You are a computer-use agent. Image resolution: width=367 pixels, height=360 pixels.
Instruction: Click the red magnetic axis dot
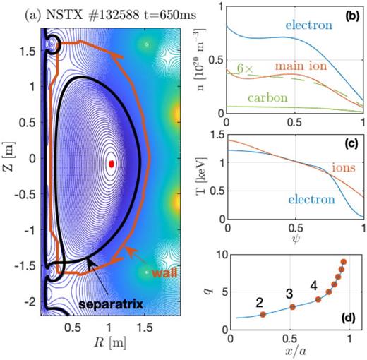[112, 163]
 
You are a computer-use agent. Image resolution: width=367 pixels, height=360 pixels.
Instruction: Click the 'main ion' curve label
[294, 66]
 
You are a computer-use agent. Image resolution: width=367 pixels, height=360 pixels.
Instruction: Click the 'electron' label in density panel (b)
[308, 25]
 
